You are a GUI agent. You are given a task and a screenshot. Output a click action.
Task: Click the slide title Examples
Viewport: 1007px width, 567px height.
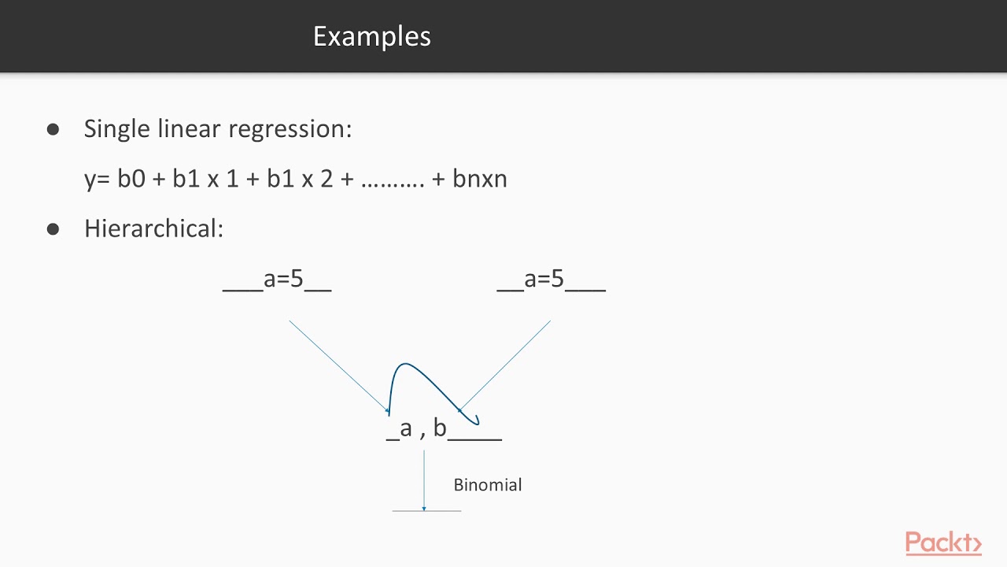point(371,36)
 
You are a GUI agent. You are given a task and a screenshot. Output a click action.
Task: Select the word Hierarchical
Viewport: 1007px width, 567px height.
point(153,228)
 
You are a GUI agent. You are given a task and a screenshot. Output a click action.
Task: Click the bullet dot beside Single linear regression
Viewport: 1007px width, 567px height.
point(53,129)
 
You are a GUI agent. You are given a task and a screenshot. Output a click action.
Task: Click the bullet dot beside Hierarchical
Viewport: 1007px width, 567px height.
point(53,229)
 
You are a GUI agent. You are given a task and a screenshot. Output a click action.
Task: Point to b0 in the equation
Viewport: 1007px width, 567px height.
point(131,179)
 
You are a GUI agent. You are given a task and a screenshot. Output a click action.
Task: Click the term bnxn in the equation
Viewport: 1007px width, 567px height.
point(480,179)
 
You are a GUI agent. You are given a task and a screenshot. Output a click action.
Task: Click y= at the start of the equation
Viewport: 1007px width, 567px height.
point(96,180)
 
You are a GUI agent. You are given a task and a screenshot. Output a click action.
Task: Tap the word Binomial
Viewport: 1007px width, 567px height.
point(488,485)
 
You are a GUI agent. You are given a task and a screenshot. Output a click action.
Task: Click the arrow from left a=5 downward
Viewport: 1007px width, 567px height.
point(338,366)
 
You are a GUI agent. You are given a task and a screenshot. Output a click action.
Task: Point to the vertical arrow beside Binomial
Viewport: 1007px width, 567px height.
point(424,480)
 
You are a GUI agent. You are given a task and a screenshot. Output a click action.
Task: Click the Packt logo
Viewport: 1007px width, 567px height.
point(943,543)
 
